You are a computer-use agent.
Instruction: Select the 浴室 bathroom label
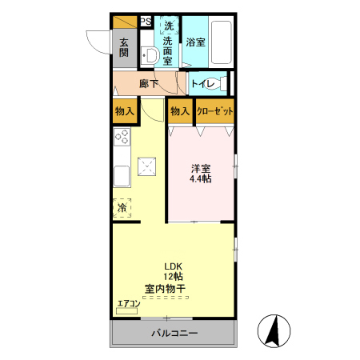(195, 42)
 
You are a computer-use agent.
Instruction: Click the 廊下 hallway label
(149, 82)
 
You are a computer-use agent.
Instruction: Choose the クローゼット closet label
(214, 111)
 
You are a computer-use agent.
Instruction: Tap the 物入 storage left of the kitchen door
(124, 111)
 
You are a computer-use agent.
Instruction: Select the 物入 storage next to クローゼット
(179, 111)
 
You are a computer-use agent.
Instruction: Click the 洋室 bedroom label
(200, 169)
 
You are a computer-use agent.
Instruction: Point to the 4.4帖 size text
(200, 180)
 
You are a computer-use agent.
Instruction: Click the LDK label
(173, 267)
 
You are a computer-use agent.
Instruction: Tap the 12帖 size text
(173, 278)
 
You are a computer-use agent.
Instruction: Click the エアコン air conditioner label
(128, 303)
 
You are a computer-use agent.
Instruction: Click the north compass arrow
(273, 329)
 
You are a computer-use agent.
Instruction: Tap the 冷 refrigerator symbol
(123, 207)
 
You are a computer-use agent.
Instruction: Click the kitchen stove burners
(122, 138)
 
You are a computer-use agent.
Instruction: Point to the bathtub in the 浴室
(220, 42)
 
